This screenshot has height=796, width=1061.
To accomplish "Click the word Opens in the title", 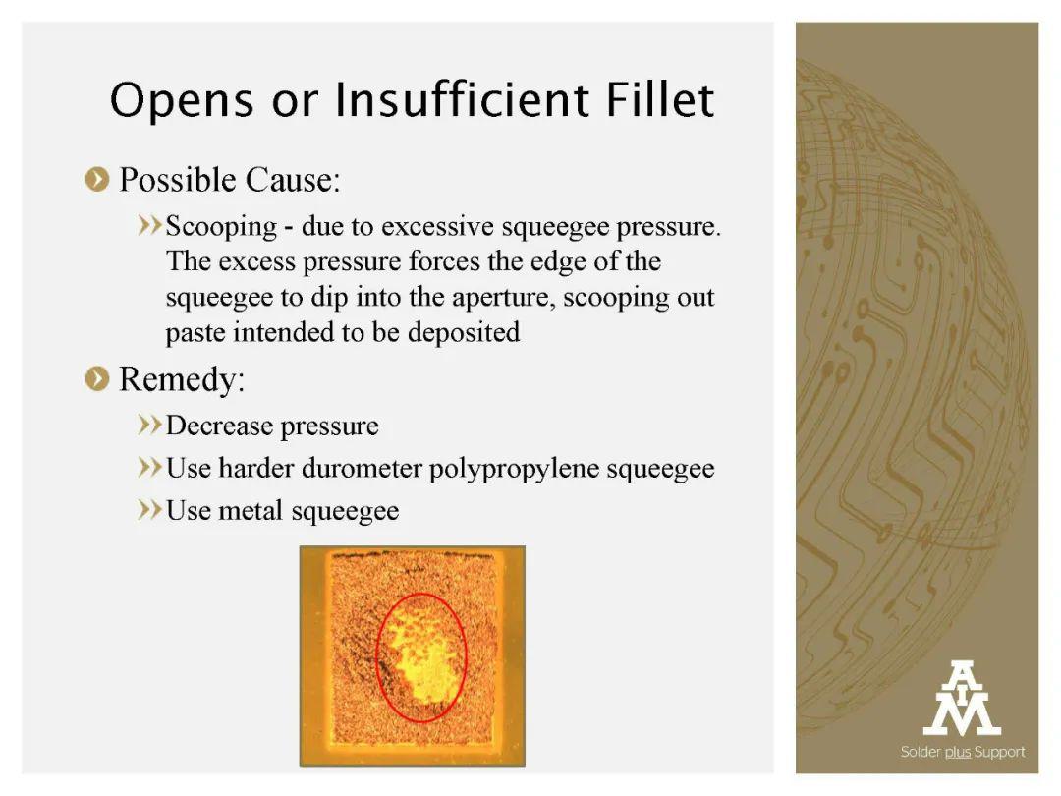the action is coord(182,101).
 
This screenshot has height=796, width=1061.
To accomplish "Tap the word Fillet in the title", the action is coord(660,99).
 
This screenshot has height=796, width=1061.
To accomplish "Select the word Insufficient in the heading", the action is coord(462,99).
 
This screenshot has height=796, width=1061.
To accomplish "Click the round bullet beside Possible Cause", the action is coord(97,180).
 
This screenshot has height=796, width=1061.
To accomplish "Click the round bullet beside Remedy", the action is coord(97,379).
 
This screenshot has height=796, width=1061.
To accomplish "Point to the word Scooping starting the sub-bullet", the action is coord(221,227).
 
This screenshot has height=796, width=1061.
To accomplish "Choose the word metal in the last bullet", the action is coord(250,510).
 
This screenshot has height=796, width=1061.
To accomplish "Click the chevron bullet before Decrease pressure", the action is coord(149,426).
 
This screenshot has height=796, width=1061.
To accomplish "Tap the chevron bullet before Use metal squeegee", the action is coord(149,510).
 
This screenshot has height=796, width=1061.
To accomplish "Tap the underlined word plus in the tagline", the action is coord(958,752).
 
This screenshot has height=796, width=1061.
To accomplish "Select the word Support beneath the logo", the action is coord(999,752).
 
